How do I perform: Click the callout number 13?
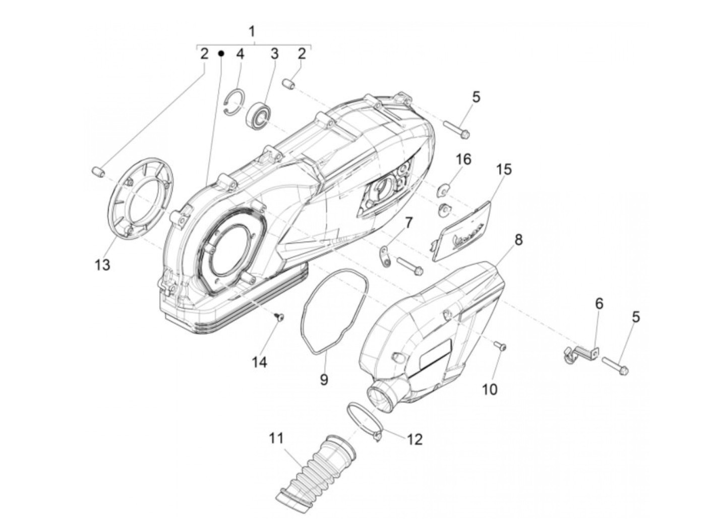(102, 264)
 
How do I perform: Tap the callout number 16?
(463, 160)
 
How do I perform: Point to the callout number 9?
(324, 379)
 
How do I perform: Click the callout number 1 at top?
(253, 32)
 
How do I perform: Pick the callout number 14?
(260, 362)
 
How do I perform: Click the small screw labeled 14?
(279, 317)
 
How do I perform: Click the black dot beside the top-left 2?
(221, 53)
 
